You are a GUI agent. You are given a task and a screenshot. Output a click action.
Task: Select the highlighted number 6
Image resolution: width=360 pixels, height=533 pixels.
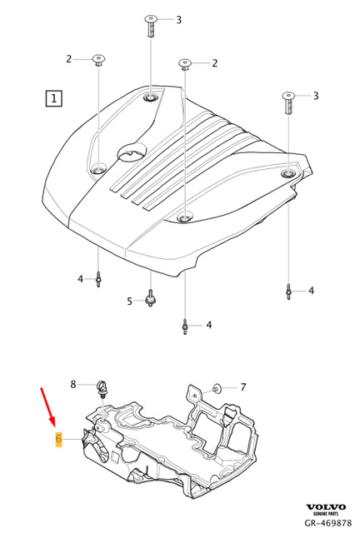click(x=58, y=439)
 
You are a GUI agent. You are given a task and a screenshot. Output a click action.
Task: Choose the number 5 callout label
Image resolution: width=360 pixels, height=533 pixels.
click(x=129, y=301)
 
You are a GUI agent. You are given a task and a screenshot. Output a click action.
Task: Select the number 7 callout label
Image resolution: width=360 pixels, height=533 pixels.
click(x=242, y=386)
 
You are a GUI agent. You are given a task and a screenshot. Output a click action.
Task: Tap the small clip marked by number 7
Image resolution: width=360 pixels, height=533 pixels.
click(x=216, y=387)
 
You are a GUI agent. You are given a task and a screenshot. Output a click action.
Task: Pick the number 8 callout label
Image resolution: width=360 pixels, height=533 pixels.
click(x=72, y=384)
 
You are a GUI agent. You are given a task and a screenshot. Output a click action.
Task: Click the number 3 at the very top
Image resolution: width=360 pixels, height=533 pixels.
click(x=177, y=18)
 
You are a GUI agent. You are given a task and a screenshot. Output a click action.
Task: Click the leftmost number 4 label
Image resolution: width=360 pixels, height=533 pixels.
click(x=80, y=277)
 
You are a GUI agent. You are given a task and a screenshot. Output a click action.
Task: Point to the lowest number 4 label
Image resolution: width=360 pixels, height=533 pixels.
click(x=208, y=324)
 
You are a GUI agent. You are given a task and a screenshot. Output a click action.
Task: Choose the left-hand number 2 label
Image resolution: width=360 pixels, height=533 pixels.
click(x=69, y=58)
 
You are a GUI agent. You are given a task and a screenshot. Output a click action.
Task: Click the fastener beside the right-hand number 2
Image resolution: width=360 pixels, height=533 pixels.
click(x=183, y=65)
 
